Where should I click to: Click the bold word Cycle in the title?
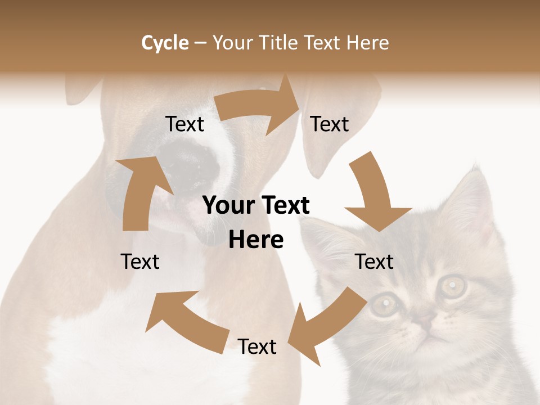[x=165, y=43]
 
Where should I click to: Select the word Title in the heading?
[x=279, y=43]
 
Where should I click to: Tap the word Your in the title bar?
[x=233, y=43]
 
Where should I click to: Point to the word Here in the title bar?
[x=367, y=43]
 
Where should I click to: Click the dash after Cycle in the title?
[x=200, y=43]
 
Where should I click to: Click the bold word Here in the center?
[x=256, y=240]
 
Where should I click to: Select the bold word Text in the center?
[x=285, y=206]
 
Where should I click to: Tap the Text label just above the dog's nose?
[x=184, y=124]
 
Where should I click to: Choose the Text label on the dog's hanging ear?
[x=330, y=124]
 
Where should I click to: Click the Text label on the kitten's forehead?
[x=374, y=262]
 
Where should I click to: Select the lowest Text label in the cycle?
[x=257, y=346]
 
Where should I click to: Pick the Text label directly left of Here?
[x=140, y=262]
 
